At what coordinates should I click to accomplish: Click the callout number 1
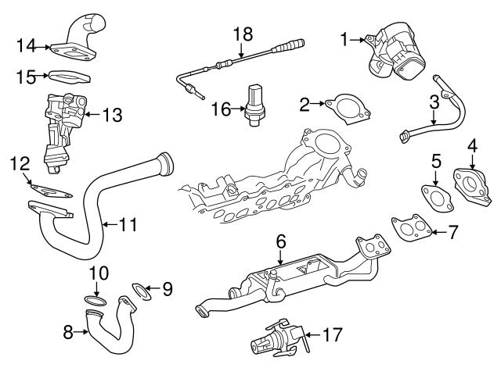(x=344, y=37)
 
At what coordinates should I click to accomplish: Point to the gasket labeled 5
(x=433, y=197)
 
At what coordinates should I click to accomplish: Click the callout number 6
(x=280, y=242)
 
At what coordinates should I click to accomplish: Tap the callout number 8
(x=69, y=332)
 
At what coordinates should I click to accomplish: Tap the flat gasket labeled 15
(x=68, y=77)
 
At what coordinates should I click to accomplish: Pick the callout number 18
(x=243, y=34)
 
